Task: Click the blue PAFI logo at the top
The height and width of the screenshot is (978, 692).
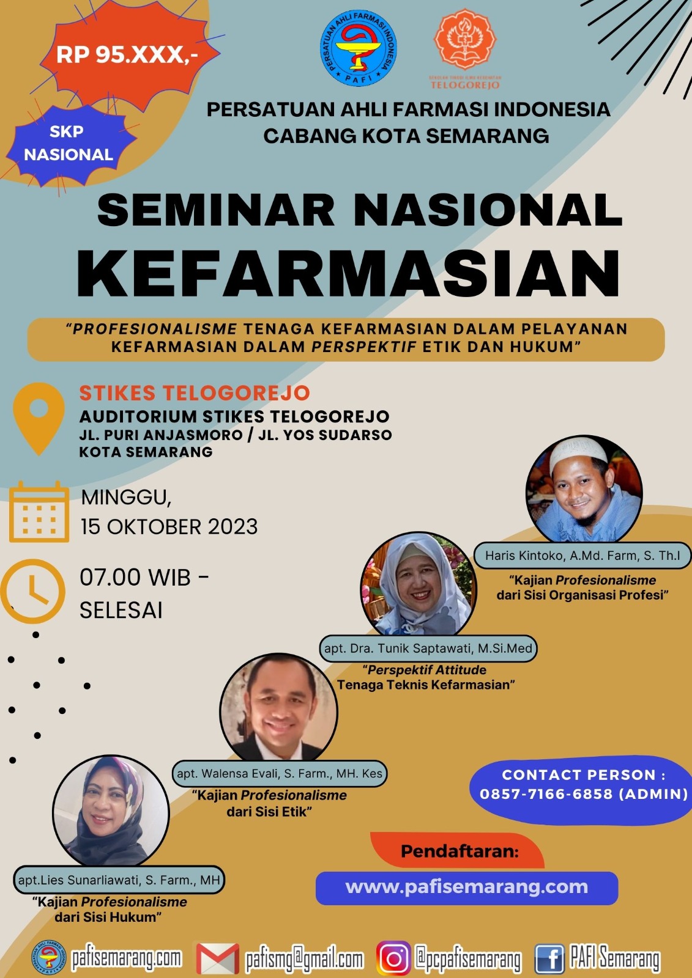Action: point(359,48)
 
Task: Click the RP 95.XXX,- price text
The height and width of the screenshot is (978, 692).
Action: point(127,55)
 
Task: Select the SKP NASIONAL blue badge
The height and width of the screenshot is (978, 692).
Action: point(68,143)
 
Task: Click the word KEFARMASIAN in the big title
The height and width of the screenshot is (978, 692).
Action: point(348,273)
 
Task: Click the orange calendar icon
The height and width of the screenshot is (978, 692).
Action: point(39,512)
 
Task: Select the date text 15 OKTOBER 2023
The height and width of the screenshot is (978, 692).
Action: point(169,526)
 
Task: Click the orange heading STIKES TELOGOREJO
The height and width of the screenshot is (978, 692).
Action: point(195,393)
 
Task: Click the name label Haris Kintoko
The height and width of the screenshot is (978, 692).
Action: point(582,556)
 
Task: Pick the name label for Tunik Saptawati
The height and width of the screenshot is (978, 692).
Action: point(428,648)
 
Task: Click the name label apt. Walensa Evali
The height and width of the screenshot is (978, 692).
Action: point(280,773)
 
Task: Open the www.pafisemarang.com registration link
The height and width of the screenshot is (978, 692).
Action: point(466,887)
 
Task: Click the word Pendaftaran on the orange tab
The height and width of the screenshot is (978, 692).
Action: point(459,851)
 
